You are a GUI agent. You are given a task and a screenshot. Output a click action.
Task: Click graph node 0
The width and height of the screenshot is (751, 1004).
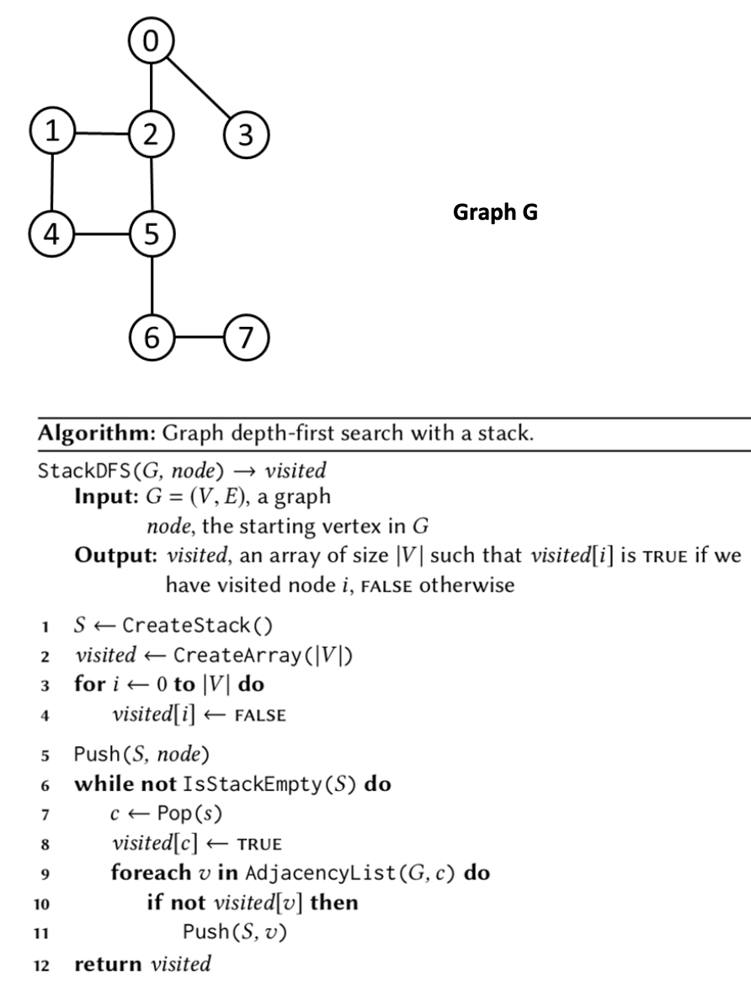152,40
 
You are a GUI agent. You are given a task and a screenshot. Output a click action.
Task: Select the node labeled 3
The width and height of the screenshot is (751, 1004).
245,134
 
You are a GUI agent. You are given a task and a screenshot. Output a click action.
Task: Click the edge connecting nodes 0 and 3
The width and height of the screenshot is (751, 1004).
199,87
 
